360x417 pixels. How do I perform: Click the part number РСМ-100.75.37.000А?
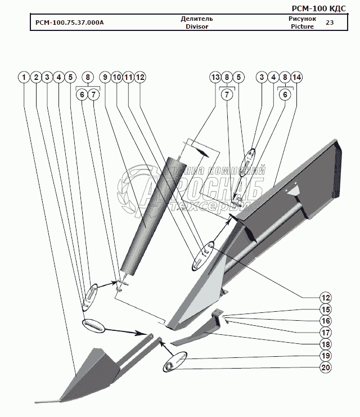[x=69, y=23]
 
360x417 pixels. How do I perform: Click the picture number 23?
[x=330, y=23]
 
